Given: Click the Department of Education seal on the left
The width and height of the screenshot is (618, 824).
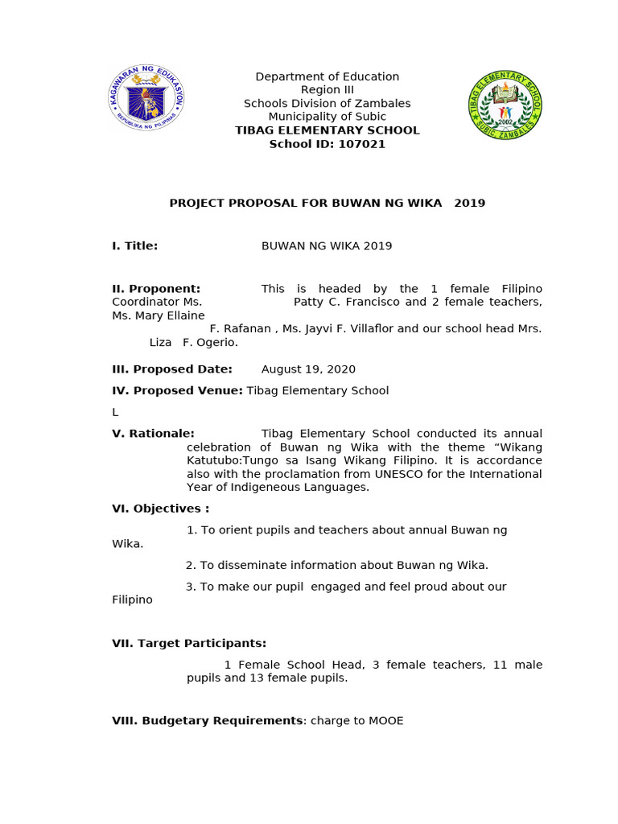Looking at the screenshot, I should point(146,99).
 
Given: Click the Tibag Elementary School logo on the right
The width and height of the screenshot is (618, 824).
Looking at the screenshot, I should point(505,105).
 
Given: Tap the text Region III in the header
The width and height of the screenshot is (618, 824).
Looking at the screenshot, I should point(327,90).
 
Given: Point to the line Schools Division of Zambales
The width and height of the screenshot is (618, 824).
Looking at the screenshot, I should point(327,104).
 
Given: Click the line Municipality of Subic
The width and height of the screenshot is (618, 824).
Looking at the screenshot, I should point(327,117).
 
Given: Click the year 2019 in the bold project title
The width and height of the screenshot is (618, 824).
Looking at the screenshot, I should point(469,203).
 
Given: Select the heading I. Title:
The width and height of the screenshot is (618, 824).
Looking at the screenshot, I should point(134,246).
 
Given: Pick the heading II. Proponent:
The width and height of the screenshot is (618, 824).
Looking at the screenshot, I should point(156,289).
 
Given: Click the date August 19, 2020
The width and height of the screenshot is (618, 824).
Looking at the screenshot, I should point(308,369).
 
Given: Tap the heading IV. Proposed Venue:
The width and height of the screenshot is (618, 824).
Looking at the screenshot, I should point(177,390).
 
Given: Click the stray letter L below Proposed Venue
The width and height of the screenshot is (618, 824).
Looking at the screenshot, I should point(115,412).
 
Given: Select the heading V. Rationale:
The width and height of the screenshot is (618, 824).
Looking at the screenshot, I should point(153,434).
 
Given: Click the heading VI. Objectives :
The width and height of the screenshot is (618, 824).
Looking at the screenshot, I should point(160,509).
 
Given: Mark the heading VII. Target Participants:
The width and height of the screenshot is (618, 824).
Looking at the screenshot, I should point(189,643).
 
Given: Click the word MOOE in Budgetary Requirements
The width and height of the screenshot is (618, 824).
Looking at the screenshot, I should point(385,721).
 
